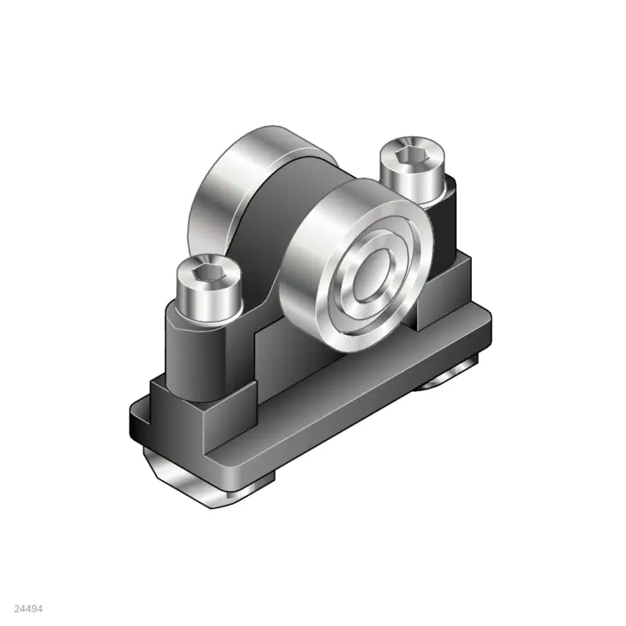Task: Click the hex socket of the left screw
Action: pos(206,275)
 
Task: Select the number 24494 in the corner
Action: pos(28,607)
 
